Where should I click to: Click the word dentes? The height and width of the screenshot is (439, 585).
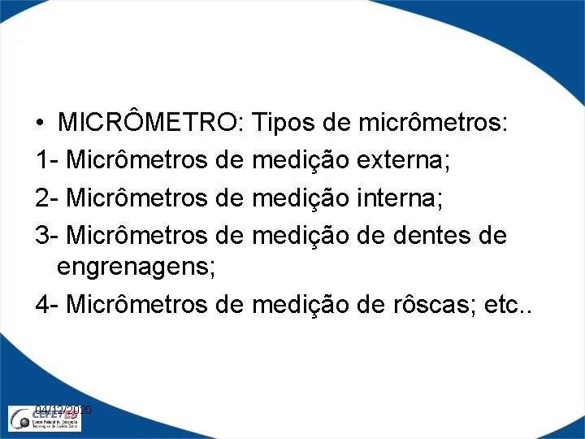(x=437, y=235)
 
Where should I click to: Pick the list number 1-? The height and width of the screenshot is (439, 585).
(x=46, y=160)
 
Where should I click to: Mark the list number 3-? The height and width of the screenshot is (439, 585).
(x=46, y=235)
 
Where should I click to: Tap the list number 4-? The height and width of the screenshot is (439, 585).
(x=46, y=304)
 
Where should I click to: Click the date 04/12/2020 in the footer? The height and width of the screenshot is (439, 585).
(x=64, y=411)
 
